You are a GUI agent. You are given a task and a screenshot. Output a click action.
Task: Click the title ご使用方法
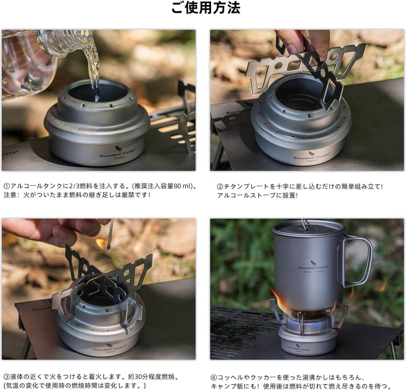coord(205,8)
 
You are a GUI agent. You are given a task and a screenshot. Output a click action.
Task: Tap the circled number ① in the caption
coord(7,186)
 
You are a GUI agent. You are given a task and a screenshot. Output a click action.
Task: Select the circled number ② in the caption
coord(220,186)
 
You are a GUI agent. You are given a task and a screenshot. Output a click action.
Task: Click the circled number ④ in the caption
coord(214,377)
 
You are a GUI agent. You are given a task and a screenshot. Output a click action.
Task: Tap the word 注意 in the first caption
coord(10,195)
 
